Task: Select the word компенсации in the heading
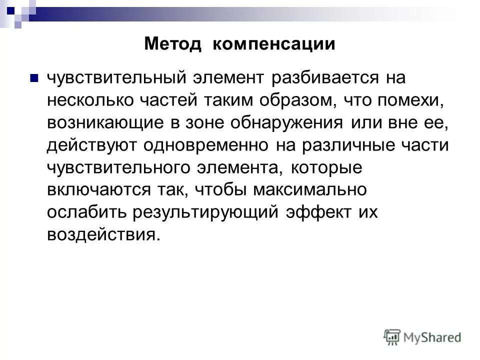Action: tap(273, 44)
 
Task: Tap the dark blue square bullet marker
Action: tap(34, 79)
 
